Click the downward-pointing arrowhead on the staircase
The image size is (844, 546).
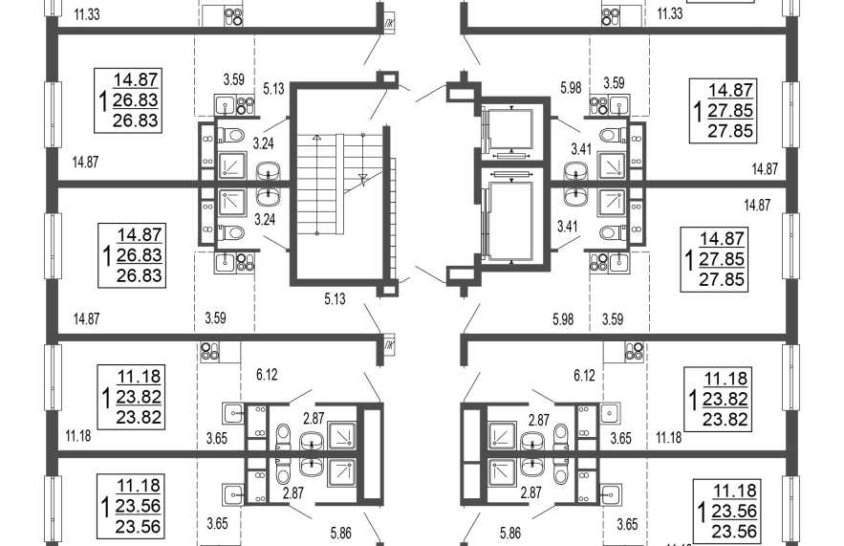[x=362, y=181]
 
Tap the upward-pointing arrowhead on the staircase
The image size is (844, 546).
[x=317, y=138]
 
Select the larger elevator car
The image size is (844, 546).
[x=509, y=221]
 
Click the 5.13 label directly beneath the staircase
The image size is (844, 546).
[x=335, y=299]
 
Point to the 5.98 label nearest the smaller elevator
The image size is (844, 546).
[x=571, y=87]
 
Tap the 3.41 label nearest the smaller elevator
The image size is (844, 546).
[x=581, y=148]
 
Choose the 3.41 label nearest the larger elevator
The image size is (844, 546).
[x=568, y=227]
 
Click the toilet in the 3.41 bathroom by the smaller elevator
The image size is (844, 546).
[x=613, y=135]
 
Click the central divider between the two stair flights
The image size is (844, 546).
[x=339, y=185]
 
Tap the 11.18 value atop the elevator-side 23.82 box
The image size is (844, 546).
[x=725, y=379]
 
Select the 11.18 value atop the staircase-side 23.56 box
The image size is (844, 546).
[x=139, y=485]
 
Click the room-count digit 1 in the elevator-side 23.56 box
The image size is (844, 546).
[x=702, y=512]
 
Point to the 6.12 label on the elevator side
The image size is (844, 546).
[x=585, y=375]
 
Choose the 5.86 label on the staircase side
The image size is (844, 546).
[x=340, y=533]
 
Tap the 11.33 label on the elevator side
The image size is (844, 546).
[x=670, y=13]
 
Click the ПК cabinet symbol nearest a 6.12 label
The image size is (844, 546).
[x=389, y=342]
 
